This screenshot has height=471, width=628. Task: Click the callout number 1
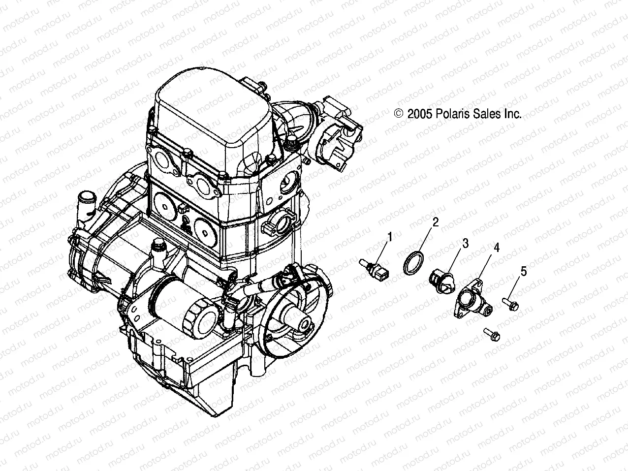(x=390, y=237)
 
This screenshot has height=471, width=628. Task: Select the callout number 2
(x=435, y=222)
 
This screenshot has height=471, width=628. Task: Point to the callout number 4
(x=497, y=248)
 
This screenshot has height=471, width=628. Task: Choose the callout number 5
(x=524, y=270)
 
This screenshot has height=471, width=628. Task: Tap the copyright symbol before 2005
(x=398, y=114)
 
